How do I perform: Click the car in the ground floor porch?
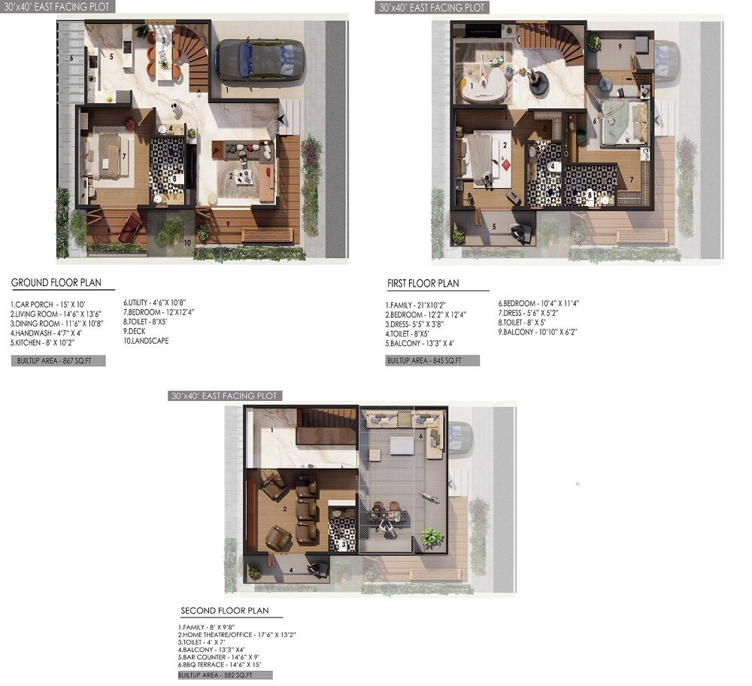point(260,60)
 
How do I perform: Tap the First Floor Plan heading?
point(423,284)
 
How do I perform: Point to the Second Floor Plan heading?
point(225,611)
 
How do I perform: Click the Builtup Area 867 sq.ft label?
point(58,361)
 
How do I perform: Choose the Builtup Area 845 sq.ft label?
point(432,361)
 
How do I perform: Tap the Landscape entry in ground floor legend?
point(146,340)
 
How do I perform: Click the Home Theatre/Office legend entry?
point(237,635)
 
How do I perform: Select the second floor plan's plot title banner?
point(225,396)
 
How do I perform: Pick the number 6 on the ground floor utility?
point(71,58)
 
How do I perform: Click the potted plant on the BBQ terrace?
point(431,536)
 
